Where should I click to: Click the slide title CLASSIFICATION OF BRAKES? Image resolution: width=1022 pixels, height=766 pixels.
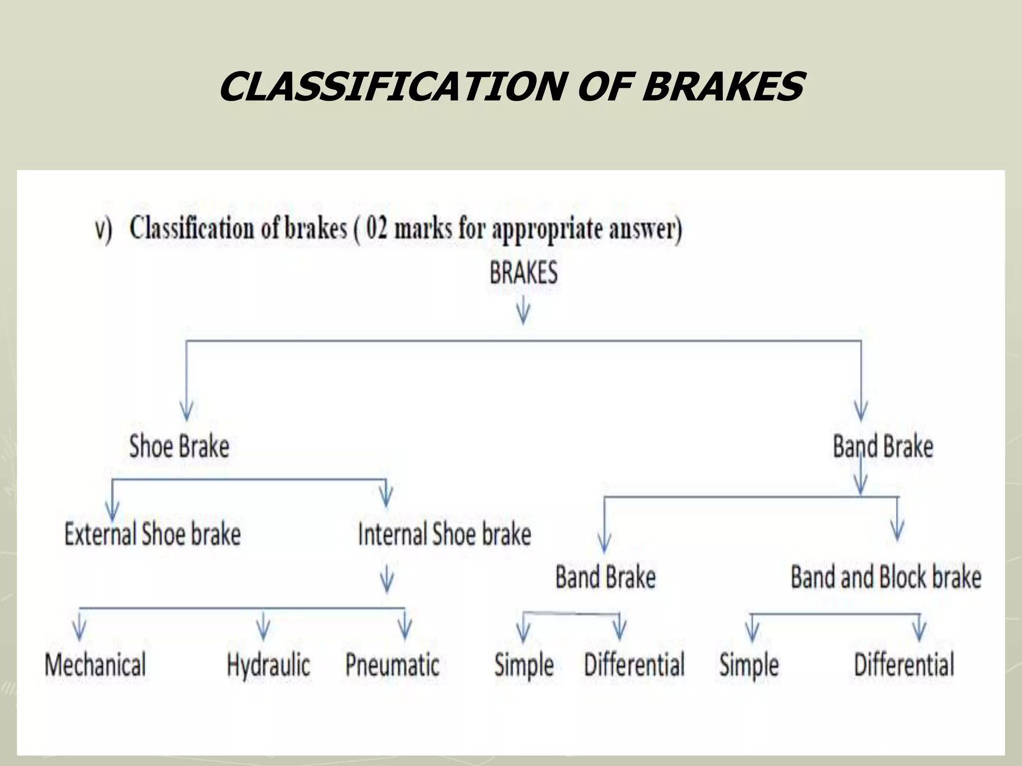511,87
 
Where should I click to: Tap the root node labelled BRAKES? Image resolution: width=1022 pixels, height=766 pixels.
523,273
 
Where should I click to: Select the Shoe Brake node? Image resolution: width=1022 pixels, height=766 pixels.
179,446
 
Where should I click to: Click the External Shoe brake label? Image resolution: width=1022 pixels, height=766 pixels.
153,534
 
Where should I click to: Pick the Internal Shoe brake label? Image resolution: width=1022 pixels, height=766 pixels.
444,534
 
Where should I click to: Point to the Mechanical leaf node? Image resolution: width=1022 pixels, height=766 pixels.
95,664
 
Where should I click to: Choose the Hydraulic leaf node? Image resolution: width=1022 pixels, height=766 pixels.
268,664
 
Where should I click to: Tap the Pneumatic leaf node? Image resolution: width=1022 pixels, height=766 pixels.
392,664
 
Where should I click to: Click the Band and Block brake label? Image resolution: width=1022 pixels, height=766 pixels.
886,577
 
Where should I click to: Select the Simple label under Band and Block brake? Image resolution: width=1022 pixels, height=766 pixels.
749,665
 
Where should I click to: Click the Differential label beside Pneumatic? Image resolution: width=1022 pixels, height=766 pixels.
634,664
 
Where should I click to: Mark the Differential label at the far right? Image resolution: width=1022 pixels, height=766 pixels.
904,664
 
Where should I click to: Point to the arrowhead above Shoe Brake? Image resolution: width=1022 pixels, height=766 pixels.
187,412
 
